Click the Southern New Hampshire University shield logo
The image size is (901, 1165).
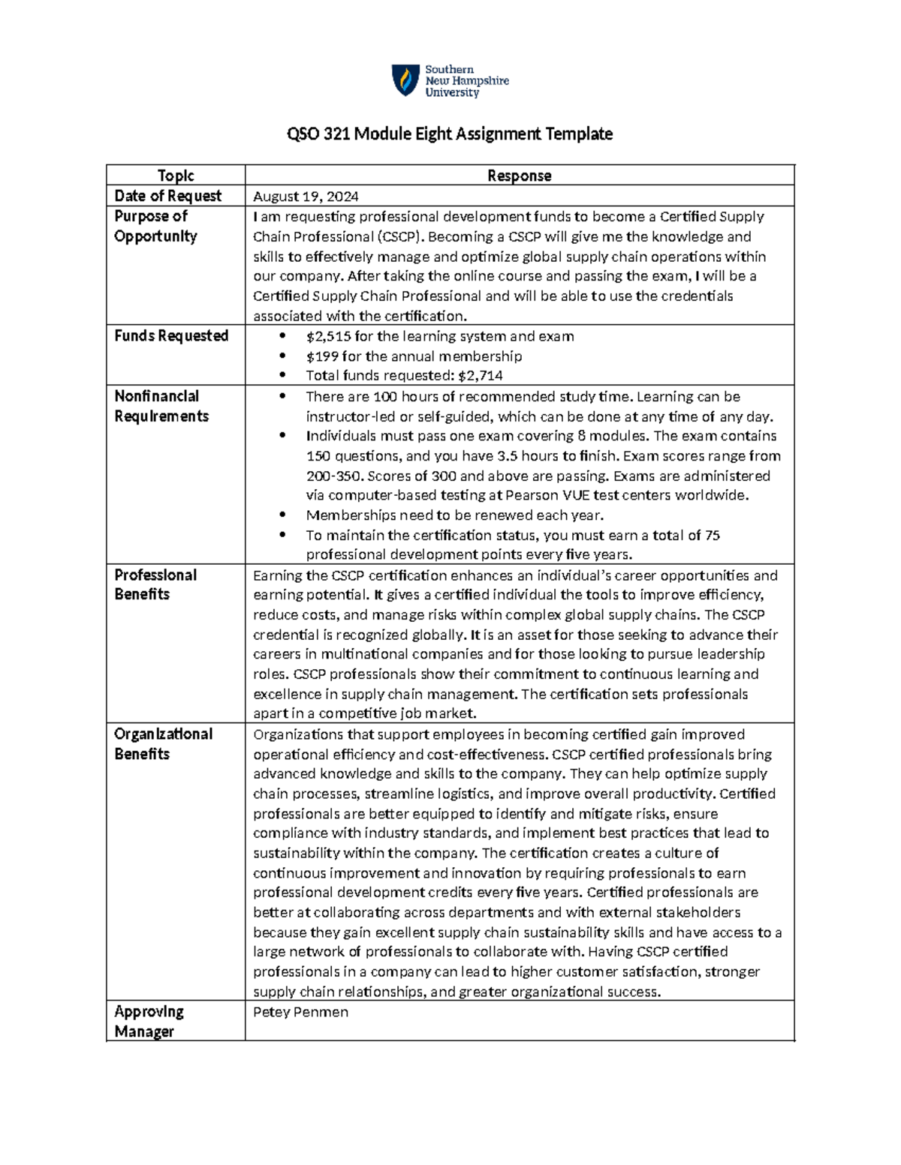point(405,80)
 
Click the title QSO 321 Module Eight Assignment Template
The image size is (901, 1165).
point(450,134)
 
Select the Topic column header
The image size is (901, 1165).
point(176,176)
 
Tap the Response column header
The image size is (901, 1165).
point(519,176)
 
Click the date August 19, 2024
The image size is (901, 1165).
point(306,197)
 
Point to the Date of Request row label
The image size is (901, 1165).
point(167,196)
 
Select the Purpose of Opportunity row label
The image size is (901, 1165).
point(155,226)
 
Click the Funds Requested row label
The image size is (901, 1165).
point(171,335)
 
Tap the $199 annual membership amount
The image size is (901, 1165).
point(321,356)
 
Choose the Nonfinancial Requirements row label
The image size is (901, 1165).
point(161,406)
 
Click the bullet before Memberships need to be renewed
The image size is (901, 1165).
point(282,515)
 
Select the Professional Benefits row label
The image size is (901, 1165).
point(155,584)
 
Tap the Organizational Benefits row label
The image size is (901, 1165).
point(163,743)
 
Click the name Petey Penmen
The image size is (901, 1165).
point(300,1012)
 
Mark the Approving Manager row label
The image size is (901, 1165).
point(149,1021)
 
